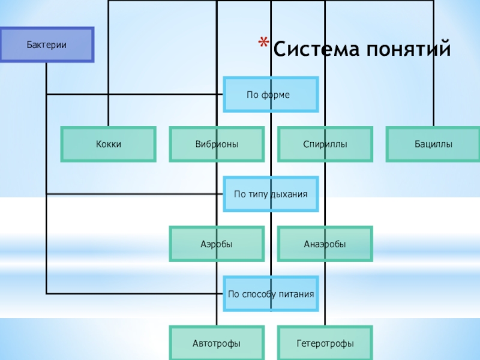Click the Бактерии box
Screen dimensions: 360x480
click(46, 45)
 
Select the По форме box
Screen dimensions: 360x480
click(271, 95)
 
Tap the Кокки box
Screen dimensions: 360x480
click(108, 144)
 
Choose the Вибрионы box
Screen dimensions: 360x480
click(217, 144)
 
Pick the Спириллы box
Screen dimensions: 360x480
click(325, 144)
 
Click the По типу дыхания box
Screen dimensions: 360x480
click(271, 194)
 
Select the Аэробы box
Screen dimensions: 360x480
click(217, 244)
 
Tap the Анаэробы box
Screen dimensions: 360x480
click(325, 244)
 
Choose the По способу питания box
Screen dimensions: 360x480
click(271, 294)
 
